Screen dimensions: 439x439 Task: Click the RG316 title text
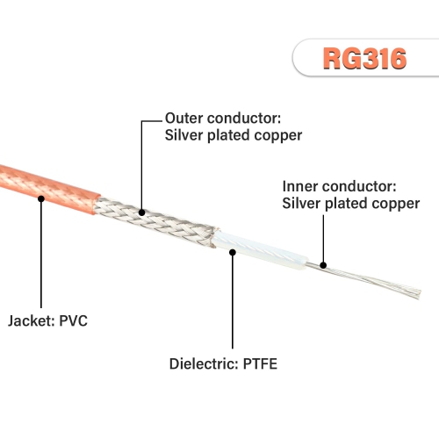365,58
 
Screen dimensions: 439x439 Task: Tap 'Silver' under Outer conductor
185,135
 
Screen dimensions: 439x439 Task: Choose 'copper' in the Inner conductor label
394,204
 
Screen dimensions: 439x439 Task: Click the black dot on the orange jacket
40,199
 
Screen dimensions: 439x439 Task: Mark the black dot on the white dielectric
233,251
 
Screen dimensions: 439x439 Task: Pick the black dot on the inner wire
323,264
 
